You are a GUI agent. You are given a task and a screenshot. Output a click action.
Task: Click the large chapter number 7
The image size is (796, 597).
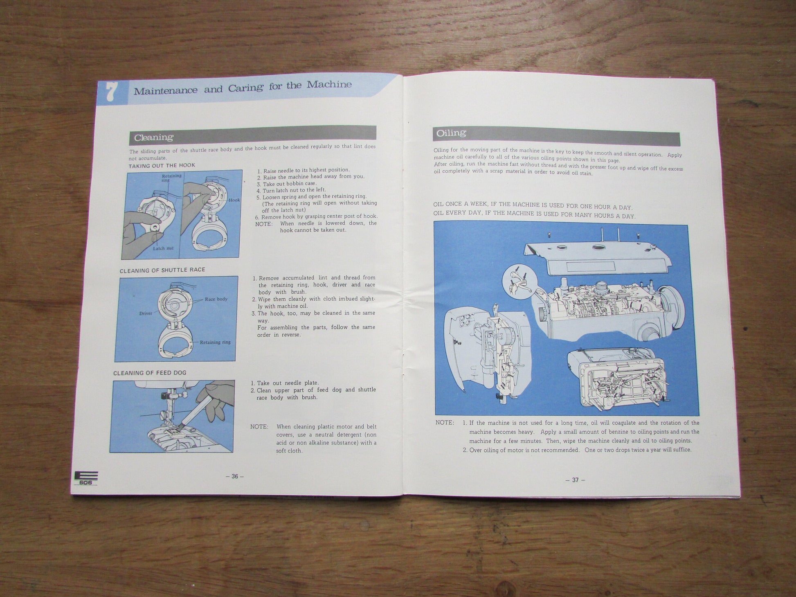click(110, 93)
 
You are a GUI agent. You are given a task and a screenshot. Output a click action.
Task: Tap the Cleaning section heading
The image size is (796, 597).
click(154, 137)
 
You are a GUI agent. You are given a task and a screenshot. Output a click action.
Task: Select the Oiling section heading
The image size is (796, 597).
click(451, 133)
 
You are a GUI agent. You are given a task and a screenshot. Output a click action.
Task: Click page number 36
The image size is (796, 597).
click(235, 476)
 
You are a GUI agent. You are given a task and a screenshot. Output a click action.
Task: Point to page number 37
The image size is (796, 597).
click(575, 480)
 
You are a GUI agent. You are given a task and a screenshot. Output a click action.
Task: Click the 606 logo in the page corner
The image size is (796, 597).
click(86, 478)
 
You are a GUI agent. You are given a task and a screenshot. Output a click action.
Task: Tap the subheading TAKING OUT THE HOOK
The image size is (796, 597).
click(162, 166)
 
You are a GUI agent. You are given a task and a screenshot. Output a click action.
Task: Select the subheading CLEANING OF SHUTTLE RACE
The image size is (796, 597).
click(162, 270)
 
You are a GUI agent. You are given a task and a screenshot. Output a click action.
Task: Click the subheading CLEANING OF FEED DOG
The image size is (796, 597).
click(150, 373)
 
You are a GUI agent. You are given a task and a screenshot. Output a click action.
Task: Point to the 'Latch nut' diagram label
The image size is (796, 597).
click(163, 248)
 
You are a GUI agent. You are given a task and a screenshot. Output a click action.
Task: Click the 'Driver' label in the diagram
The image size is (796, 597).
click(146, 313)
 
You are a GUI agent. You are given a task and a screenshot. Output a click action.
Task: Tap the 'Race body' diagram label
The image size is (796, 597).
click(216, 299)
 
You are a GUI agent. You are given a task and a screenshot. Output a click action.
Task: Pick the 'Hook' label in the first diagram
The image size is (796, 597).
click(234, 200)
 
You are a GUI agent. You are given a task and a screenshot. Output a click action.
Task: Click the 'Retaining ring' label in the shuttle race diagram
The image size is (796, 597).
click(215, 342)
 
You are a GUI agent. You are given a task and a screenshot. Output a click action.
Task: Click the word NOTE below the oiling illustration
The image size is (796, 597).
click(445, 423)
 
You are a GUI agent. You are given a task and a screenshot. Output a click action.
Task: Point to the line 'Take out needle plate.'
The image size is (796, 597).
click(285, 383)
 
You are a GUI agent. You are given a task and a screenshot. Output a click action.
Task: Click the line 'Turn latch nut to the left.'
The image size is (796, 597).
click(291, 190)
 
